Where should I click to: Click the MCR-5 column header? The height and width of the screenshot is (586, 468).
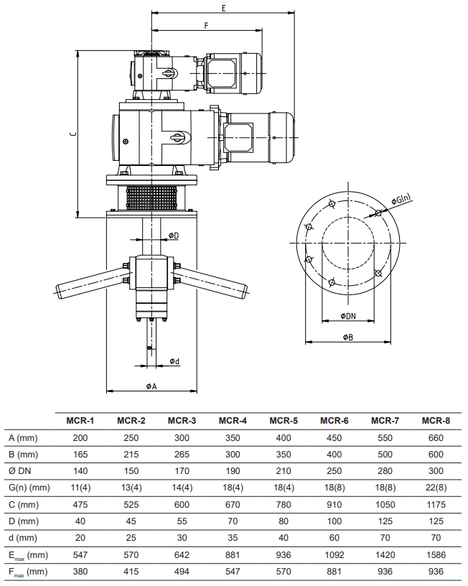coord(284,420)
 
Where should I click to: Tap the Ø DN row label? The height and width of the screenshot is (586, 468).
coord(20,471)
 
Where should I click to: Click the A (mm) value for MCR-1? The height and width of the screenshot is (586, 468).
coord(80,437)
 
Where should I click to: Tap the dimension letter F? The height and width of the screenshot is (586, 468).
coord(207,25)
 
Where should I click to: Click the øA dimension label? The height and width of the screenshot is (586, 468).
coord(151,386)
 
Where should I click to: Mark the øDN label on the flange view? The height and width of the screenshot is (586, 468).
coord(348,315)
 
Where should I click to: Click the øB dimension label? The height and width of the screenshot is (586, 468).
coord(348,336)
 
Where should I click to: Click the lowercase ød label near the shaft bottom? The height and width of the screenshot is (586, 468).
coord(174,361)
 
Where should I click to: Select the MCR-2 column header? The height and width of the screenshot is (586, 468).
coord(131,420)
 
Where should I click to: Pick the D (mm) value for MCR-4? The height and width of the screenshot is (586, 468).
coord(233,521)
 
